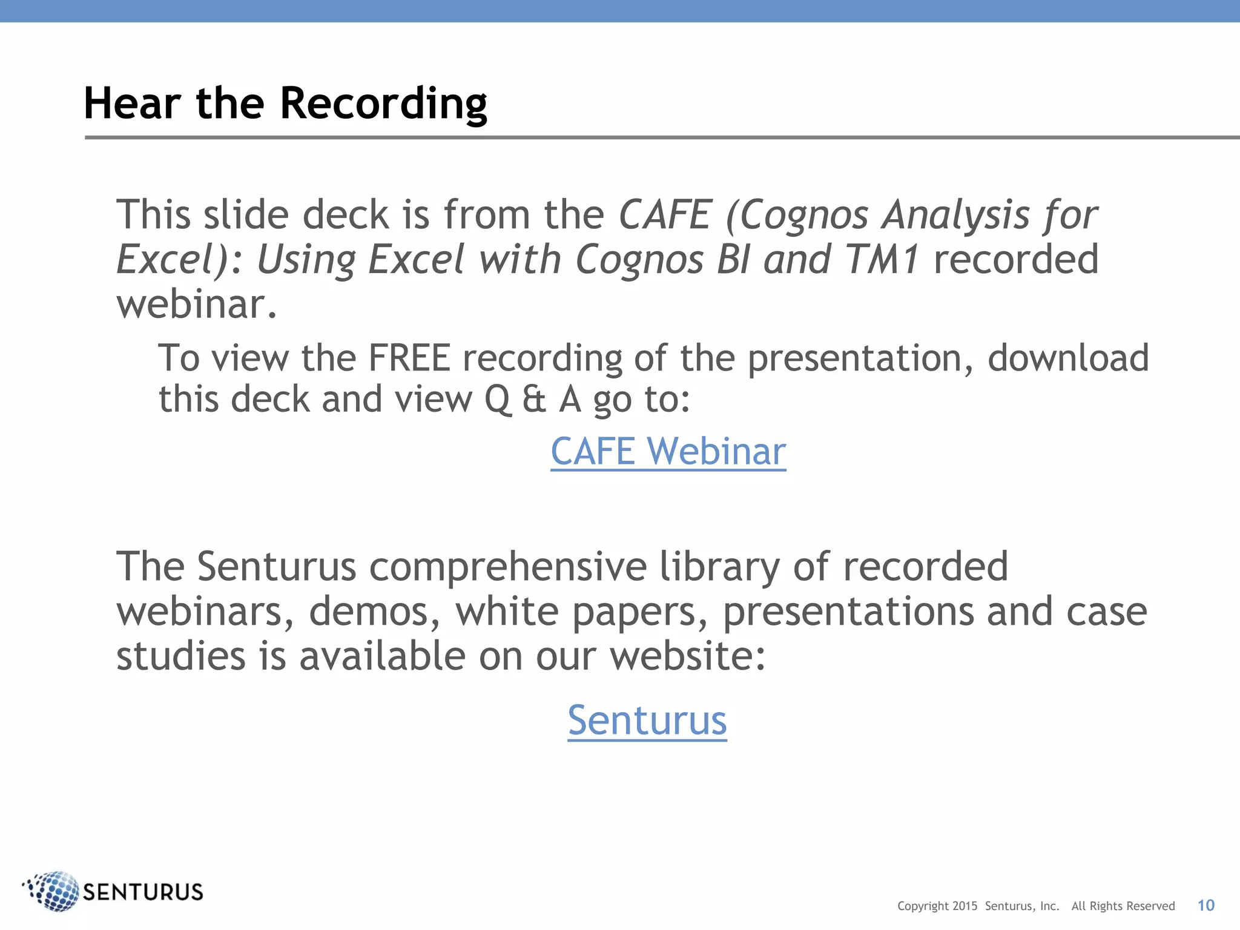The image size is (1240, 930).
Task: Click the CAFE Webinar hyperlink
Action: (x=668, y=452)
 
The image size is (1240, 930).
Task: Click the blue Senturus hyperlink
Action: (x=647, y=721)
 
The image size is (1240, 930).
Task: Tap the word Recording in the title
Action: (x=383, y=104)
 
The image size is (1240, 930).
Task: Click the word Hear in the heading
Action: (x=132, y=104)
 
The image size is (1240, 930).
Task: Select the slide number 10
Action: (x=1205, y=905)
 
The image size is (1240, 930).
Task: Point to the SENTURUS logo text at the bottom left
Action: (x=143, y=892)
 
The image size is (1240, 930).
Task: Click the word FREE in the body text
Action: (x=409, y=358)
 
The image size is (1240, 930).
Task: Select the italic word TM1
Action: (x=882, y=259)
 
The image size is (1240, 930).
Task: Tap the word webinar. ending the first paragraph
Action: (x=196, y=304)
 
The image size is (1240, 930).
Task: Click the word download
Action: (x=1068, y=358)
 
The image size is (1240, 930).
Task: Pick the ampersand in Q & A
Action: (x=533, y=400)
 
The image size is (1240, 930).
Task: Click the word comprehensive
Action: (x=507, y=567)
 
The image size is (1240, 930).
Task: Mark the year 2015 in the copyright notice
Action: (x=965, y=906)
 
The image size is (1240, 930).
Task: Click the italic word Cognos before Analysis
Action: (x=804, y=215)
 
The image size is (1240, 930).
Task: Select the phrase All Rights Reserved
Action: (x=1123, y=906)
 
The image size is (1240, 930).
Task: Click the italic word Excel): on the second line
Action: (x=179, y=259)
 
